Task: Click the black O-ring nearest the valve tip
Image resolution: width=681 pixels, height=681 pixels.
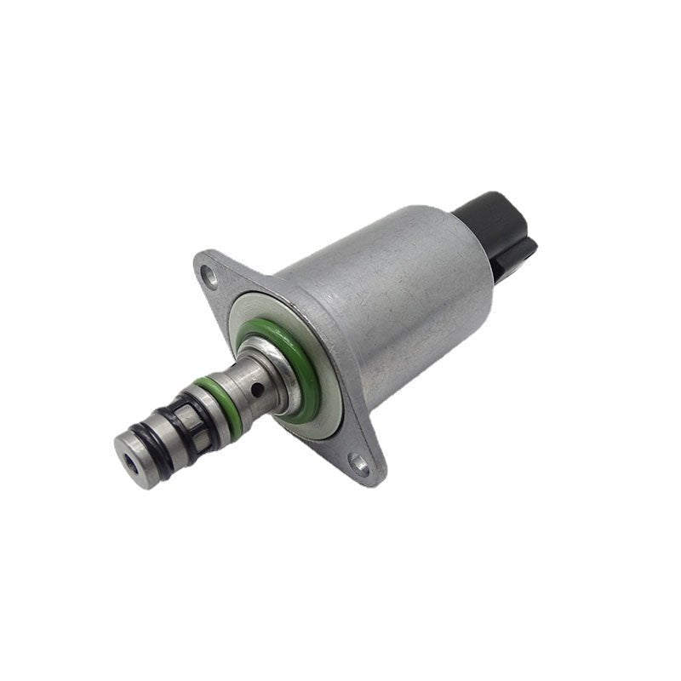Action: [154, 444]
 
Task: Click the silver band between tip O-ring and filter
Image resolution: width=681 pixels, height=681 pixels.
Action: [165, 430]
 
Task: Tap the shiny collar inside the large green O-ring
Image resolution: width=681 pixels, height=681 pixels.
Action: [271, 358]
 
